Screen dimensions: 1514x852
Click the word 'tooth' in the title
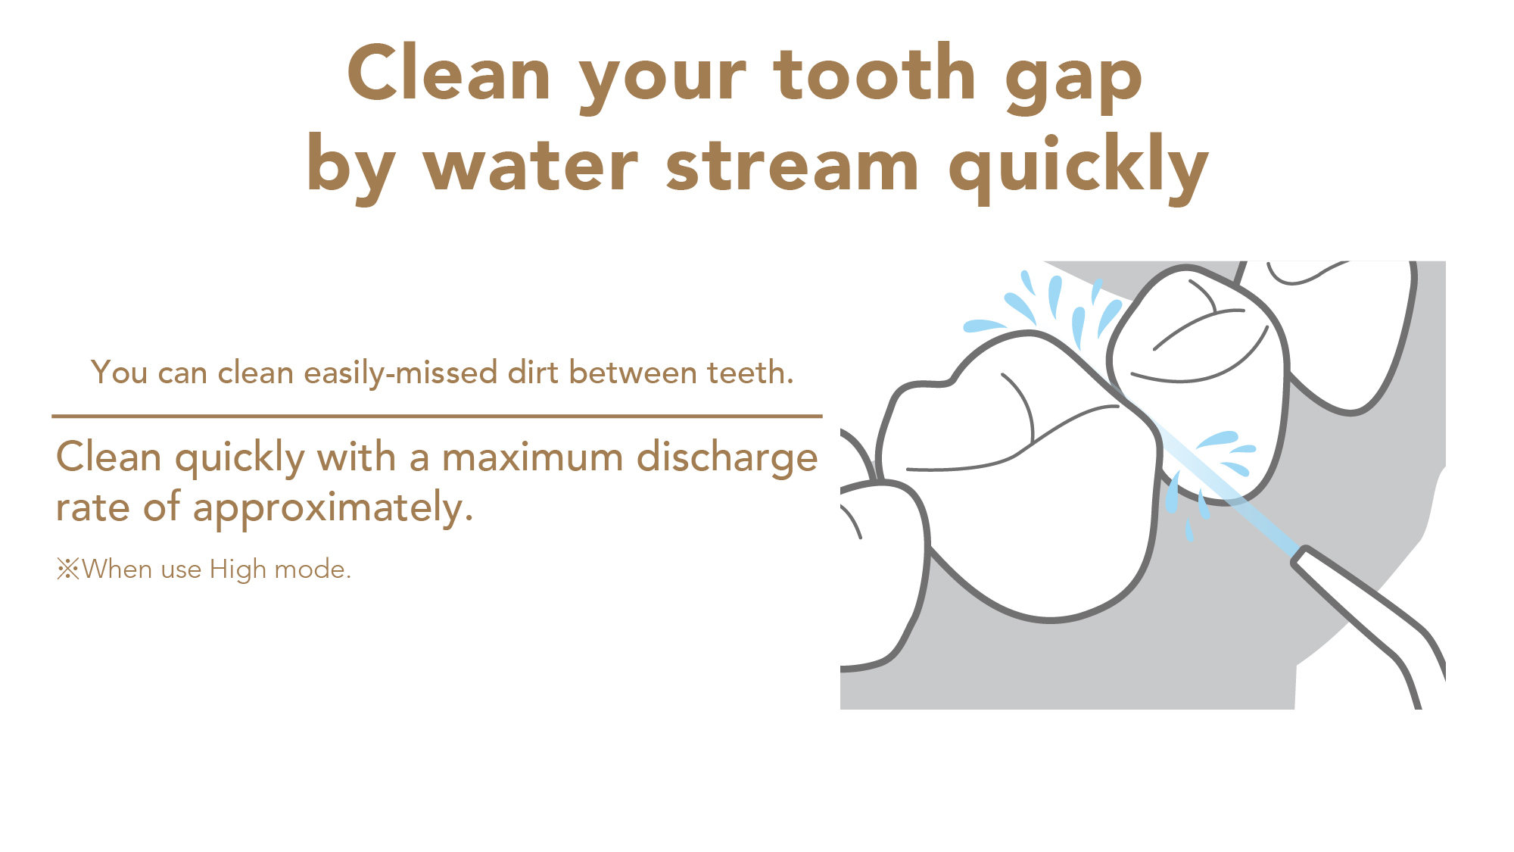pyautogui.click(x=874, y=73)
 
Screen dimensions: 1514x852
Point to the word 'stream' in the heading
pyautogui.click(x=793, y=165)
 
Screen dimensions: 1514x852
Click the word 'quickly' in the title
pyautogui.click(x=1078, y=168)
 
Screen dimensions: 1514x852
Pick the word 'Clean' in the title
pyautogui.click(x=449, y=73)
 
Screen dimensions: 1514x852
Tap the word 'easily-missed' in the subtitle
pyautogui.click(x=401, y=373)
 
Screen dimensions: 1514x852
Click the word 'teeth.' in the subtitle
pyautogui.click(x=750, y=373)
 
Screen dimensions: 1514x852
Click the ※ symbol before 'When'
pyautogui.click(x=68, y=569)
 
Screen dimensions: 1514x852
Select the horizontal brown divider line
pyautogui.click(x=437, y=416)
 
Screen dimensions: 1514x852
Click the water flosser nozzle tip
pyautogui.click(x=1301, y=556)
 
